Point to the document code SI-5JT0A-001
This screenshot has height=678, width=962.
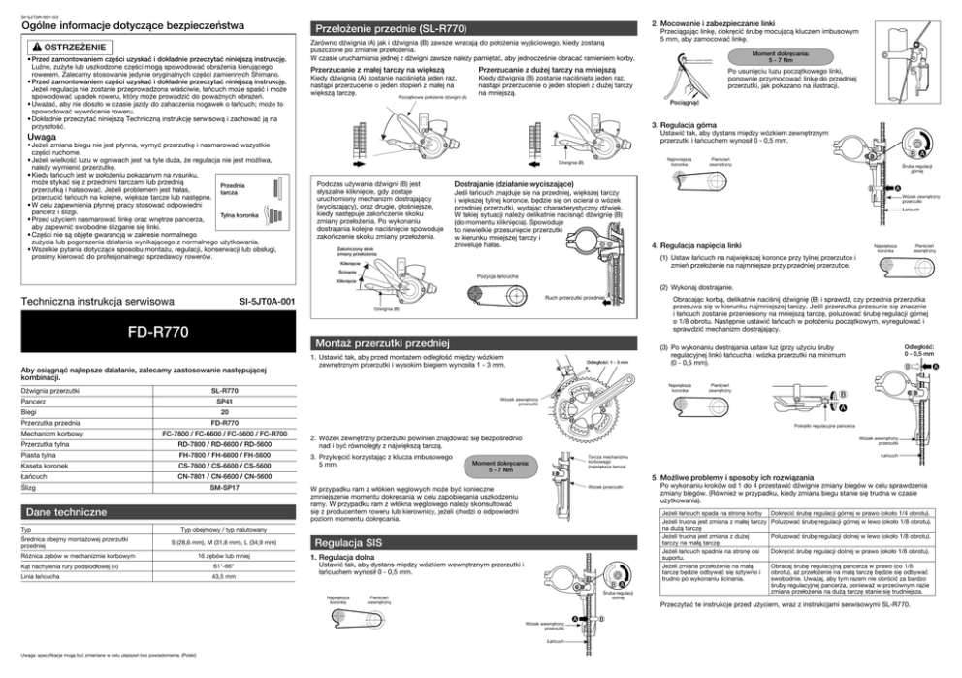click(267, 302)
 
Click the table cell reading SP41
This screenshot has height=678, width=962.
click(224, 400)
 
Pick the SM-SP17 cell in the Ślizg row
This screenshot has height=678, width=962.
click(224, 488)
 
